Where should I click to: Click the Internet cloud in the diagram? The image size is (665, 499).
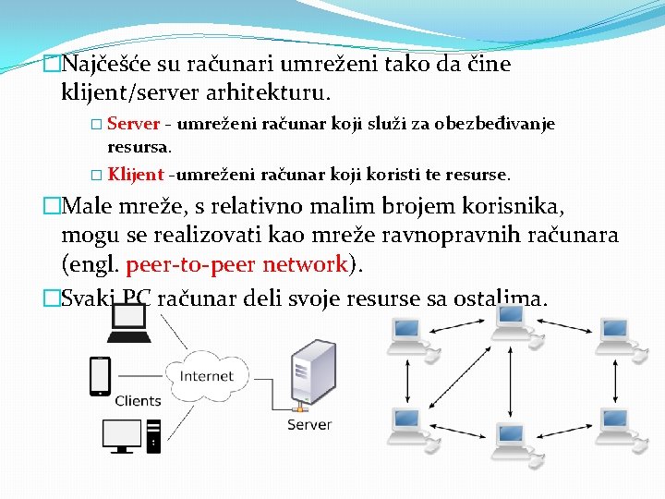point(207,375)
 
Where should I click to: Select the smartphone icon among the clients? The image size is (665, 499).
point(100,375)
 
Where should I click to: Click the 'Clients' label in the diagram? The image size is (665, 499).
point(138,401)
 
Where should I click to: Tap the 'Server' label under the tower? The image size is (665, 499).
point(309,424)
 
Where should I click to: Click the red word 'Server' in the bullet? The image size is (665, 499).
point(134,124)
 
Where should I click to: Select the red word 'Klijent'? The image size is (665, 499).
point(135,174)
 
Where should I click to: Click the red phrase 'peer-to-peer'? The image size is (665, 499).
point(190,264)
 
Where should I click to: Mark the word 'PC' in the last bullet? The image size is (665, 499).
point(137,298)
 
